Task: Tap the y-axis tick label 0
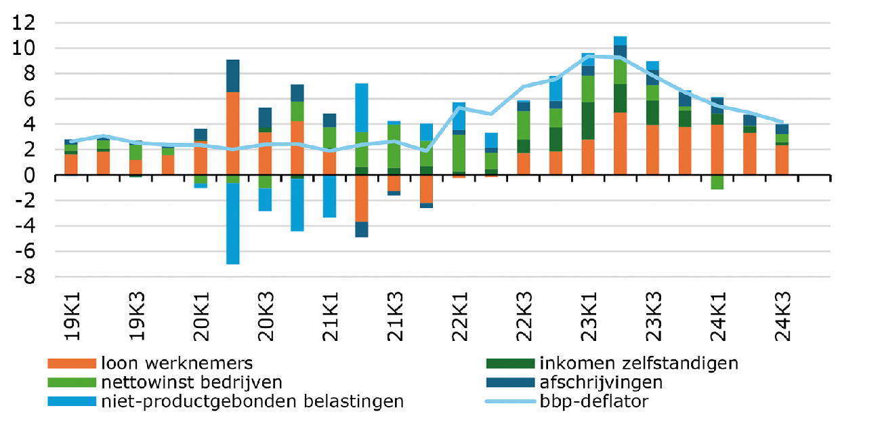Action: pos(30,176)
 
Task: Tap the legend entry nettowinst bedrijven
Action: pos(192,382)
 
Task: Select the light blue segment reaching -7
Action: pos(232,224)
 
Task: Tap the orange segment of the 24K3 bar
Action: pos(782,160)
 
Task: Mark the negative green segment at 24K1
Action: pos(717,182)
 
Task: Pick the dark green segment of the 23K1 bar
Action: pos(588,121)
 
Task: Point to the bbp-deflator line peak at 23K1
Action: pos(588,57)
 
